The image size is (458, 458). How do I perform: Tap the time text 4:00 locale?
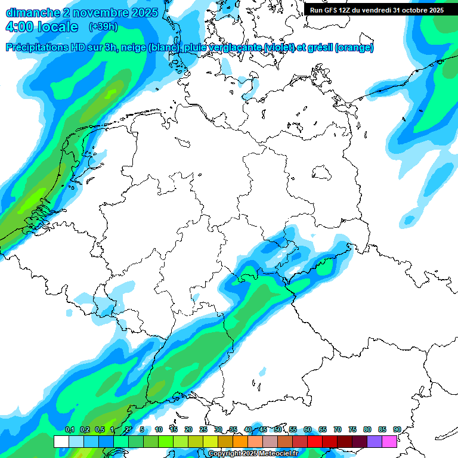tap(42, 27)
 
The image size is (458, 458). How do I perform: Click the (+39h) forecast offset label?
tap(103, 27)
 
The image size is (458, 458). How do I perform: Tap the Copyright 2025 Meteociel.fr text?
tap(253, 454)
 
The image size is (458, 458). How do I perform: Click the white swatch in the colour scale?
tap(61, 441)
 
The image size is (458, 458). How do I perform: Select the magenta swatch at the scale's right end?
tap(389, 441)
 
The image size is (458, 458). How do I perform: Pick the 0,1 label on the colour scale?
tap(69, 430)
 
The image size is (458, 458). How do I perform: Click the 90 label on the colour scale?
tap(397, 430)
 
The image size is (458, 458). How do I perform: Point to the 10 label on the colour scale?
tap(159, 430)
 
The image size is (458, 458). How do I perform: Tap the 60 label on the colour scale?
tap(307, 430)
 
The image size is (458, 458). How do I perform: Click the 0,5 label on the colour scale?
tap(100, 430)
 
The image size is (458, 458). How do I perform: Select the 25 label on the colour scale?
tap(203, 430)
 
